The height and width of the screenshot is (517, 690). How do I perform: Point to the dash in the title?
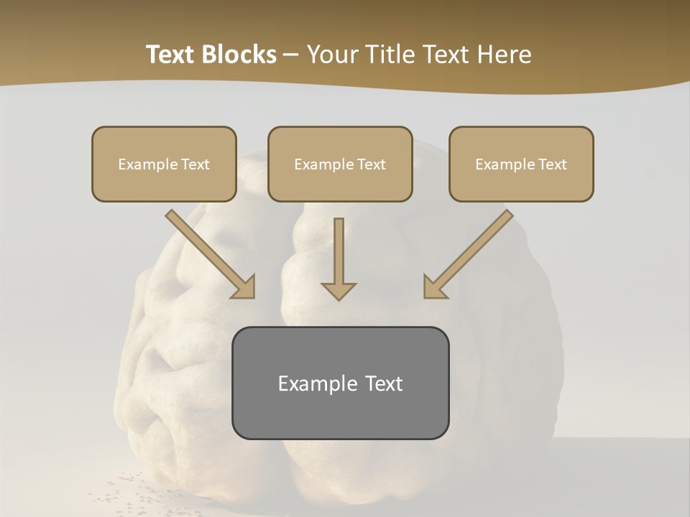click(x=291, y=55)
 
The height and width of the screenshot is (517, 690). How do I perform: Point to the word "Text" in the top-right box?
click(x=552, y=164)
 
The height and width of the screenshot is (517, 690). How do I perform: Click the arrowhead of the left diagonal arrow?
click(x=244, y=287)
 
